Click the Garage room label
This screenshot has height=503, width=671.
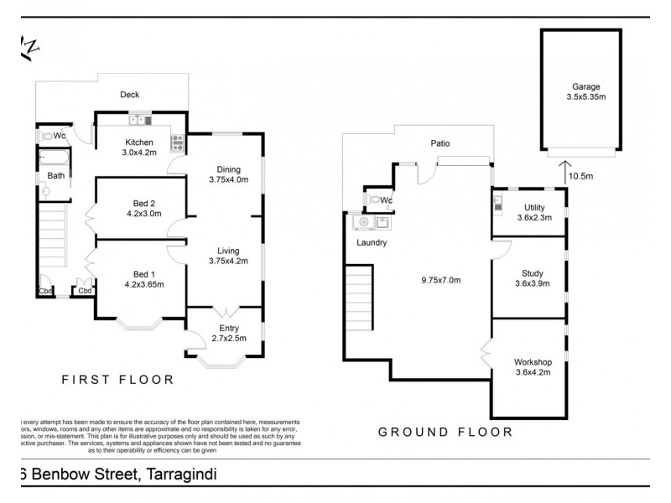pyautogui.click(x=585, y=86)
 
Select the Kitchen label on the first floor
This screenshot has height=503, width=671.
pyautogui.click(x=138, y=142)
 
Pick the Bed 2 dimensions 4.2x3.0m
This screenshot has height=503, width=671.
pyautogui.click(x=143, y=213)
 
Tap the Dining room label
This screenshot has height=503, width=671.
pyautogui.click(x=228, y=167)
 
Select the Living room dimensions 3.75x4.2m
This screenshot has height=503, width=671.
pyautogui.click(x=228, y=262)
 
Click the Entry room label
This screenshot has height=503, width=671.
pyautogui.click(x=228, y=328)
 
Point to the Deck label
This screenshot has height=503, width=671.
pyautogui.click(x=129, y=95)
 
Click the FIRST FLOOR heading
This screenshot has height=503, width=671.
pyautogui.click(x=118, y=380)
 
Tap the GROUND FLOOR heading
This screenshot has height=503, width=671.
pyautogui.click(x=445, y=433)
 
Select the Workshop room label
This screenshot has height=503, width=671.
pyautogui.click(x=532, y=362)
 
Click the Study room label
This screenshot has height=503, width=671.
pyautogui.click(x=532, y=272)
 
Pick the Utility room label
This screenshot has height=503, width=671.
pyautogui.click(x=534, y=207)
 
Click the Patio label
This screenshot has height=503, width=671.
pyautogui.click(x=440, y=143)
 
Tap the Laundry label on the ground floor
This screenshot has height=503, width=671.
pyautogui.click(x=371, y=243)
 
